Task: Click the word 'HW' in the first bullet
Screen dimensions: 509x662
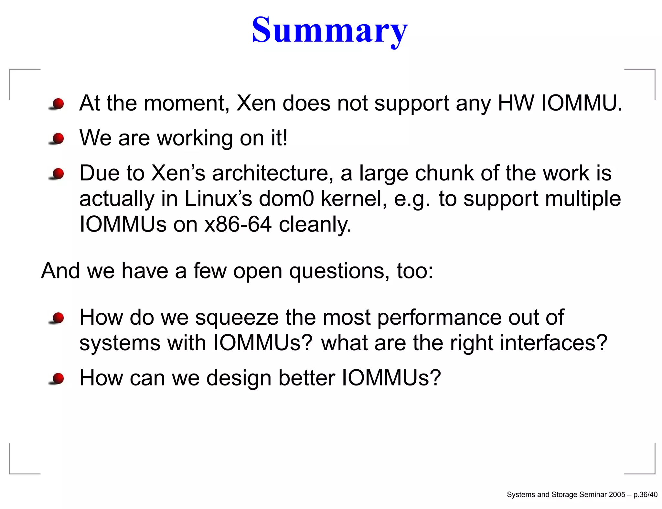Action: (516, 103)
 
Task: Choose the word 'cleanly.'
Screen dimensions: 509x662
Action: (315, 224)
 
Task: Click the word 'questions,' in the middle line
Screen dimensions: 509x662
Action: (339, 271)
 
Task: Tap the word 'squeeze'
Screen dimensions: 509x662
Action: (237, 318)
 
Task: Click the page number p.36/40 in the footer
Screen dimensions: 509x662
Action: (645, 494)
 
